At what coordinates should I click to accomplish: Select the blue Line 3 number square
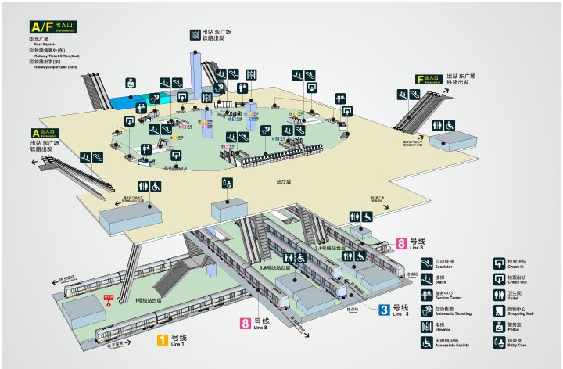(x=384, y=310)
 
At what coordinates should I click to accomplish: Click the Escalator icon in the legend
(x=427, y=263)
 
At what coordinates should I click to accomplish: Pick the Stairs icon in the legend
(x=427, y=280)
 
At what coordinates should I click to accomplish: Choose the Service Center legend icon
(x=427, y=296)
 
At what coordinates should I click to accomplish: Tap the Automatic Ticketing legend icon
(x=427, y=311)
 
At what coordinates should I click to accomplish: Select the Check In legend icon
(x=497, y=263)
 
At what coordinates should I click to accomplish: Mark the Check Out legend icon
(x=497, y=280)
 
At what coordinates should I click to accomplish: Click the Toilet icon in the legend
(x=497, y=296)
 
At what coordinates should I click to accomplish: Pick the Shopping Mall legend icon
(x=497, y=311)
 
